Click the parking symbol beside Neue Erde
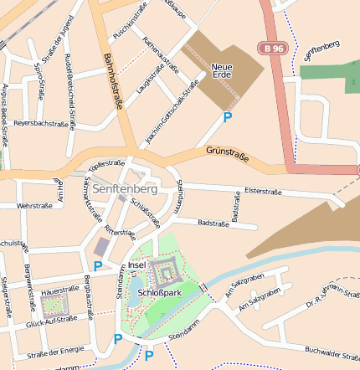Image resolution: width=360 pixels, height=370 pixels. (x=227, y=118)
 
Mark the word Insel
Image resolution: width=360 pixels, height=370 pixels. (x=137, y=265)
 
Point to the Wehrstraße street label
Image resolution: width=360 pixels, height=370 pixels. (x=35, y=205)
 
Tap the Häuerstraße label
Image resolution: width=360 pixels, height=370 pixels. (x=59, y=290)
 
